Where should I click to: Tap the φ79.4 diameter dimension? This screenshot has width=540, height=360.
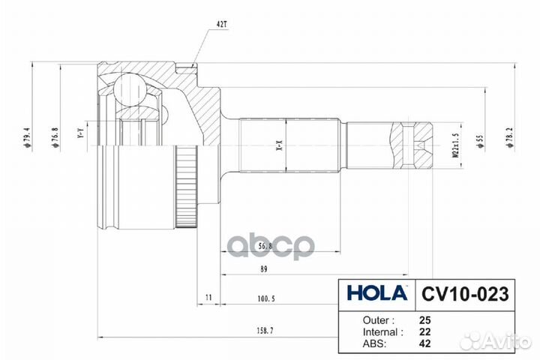(28, 138)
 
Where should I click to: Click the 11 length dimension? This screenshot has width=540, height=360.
(208, 298)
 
